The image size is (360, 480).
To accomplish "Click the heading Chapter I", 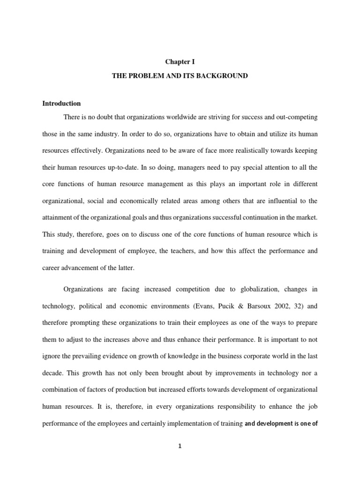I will click(180, 61).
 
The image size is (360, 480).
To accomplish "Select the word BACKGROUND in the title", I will click(225, 75).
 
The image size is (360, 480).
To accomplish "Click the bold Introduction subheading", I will click(61, 104).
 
